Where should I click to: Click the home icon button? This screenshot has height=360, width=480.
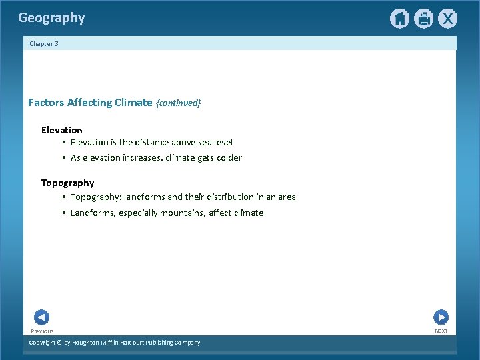tap(399, 19)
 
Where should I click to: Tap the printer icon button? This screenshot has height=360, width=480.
tap(423, 19)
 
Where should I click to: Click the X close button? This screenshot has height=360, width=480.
tap(447, 19)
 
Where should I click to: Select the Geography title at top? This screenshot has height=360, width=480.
tap(51, 18)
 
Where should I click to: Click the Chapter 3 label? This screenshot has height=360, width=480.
tap(44, 44)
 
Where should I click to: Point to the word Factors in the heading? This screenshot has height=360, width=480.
tap(46, 103)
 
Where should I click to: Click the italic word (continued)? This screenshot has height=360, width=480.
tap(178, 103)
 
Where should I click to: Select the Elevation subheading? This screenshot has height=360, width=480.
tap(62, 130)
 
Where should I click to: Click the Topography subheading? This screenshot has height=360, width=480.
tap(68, 183)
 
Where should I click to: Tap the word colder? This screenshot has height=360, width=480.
tap(228, 158)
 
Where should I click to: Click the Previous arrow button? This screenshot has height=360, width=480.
tap(41, 317)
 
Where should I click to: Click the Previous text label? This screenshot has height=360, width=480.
tap(42, 331)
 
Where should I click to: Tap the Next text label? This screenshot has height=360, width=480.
tap(441, 331)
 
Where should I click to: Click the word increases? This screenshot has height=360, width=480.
tap(147, 158)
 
